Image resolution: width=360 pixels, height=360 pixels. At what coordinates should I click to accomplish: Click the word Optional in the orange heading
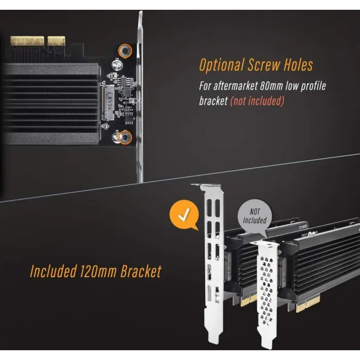221,65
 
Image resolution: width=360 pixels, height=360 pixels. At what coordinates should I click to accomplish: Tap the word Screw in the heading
264,64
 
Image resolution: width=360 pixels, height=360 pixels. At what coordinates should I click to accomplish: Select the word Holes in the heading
298,64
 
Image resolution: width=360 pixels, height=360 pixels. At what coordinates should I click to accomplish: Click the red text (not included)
257,101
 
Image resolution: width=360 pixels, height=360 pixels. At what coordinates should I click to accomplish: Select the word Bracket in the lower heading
141,271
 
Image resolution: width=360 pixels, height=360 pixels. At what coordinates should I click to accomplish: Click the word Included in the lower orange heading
53,271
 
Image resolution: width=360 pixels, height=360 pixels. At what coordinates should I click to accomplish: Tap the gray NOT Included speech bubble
255,216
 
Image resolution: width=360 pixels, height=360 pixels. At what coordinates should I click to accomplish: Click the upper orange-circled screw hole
125,50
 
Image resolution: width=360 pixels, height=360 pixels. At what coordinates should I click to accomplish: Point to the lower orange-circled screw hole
125,137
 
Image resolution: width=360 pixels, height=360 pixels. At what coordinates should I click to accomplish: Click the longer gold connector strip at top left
27,41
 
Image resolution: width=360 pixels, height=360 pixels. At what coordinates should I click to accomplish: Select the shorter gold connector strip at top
56,41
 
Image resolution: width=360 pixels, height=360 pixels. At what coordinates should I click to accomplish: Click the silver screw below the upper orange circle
117,65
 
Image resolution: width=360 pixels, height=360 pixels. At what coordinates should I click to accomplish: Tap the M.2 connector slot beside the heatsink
107,103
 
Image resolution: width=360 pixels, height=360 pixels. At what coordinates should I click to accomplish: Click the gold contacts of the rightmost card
308,303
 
